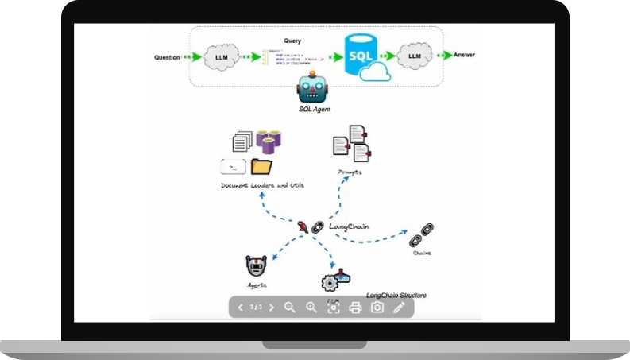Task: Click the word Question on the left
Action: [167, 57]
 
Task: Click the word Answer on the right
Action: [464, 55]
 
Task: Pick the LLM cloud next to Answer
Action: [414, 56]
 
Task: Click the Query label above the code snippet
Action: [292, 40]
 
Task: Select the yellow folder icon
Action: [261, 166]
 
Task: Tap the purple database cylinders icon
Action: [269, 142]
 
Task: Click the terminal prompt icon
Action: [233, 166]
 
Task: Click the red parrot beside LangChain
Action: [303, 226]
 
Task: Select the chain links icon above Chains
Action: [419, 238]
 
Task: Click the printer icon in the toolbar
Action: [355, 308]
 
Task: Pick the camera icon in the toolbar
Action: [377, 308]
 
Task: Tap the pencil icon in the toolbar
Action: [399, 308]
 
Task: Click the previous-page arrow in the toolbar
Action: [240, 308]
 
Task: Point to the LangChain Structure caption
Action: [396, 296]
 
